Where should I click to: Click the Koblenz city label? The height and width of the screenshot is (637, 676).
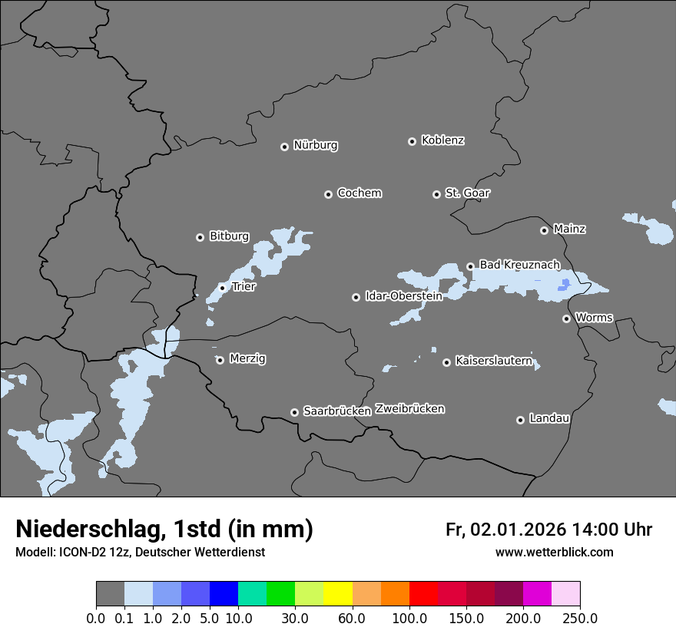(x=442, y=140)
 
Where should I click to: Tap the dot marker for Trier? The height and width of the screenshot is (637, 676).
(x=222, y=288)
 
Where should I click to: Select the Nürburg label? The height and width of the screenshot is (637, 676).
(x=315, y=145)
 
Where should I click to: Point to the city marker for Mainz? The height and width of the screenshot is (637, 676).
(x=544, y=230)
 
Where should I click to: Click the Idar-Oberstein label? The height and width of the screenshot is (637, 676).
(x=403, y=296)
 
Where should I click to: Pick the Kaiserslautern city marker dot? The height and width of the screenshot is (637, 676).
(x=446, y=362)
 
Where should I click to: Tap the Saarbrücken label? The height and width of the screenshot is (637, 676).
(x=337, y=411)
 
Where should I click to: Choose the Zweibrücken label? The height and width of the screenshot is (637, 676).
(x=409, y=409)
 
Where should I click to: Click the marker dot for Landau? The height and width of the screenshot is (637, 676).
(x=520, y=420)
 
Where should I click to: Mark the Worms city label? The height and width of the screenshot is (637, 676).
(x=594, y=318)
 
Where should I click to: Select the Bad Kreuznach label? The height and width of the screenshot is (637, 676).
(x=519, y=265)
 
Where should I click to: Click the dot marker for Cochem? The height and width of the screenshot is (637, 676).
(x=328, y=194)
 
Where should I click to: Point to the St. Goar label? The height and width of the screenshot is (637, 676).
(x=467, y=193)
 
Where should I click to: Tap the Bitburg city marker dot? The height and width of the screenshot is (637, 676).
(x=200, y=237)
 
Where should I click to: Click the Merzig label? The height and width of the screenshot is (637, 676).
(x=248, y=359)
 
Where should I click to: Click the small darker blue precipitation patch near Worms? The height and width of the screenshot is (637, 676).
(x=565, y=284)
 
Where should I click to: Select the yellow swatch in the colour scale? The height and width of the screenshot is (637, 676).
(x=338, y=594)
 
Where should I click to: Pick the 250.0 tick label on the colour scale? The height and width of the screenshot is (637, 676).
(x=580, y=618)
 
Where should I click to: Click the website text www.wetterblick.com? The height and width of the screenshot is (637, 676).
(x=554, y=553)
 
